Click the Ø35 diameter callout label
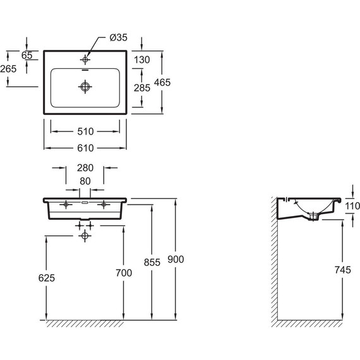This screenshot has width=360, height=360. point(119,37)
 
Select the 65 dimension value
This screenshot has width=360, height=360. point(27,56)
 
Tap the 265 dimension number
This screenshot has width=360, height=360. point(8,69)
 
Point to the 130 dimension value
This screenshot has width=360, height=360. point(142,60)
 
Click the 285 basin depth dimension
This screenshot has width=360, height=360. point(142,88)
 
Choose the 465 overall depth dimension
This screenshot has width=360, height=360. point(162,83)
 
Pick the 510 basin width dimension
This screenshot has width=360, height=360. point(85,131)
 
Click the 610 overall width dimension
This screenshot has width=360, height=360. point(85,148)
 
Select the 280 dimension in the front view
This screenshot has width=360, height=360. point(85,168)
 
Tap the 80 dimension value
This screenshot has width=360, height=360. point(85,181)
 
